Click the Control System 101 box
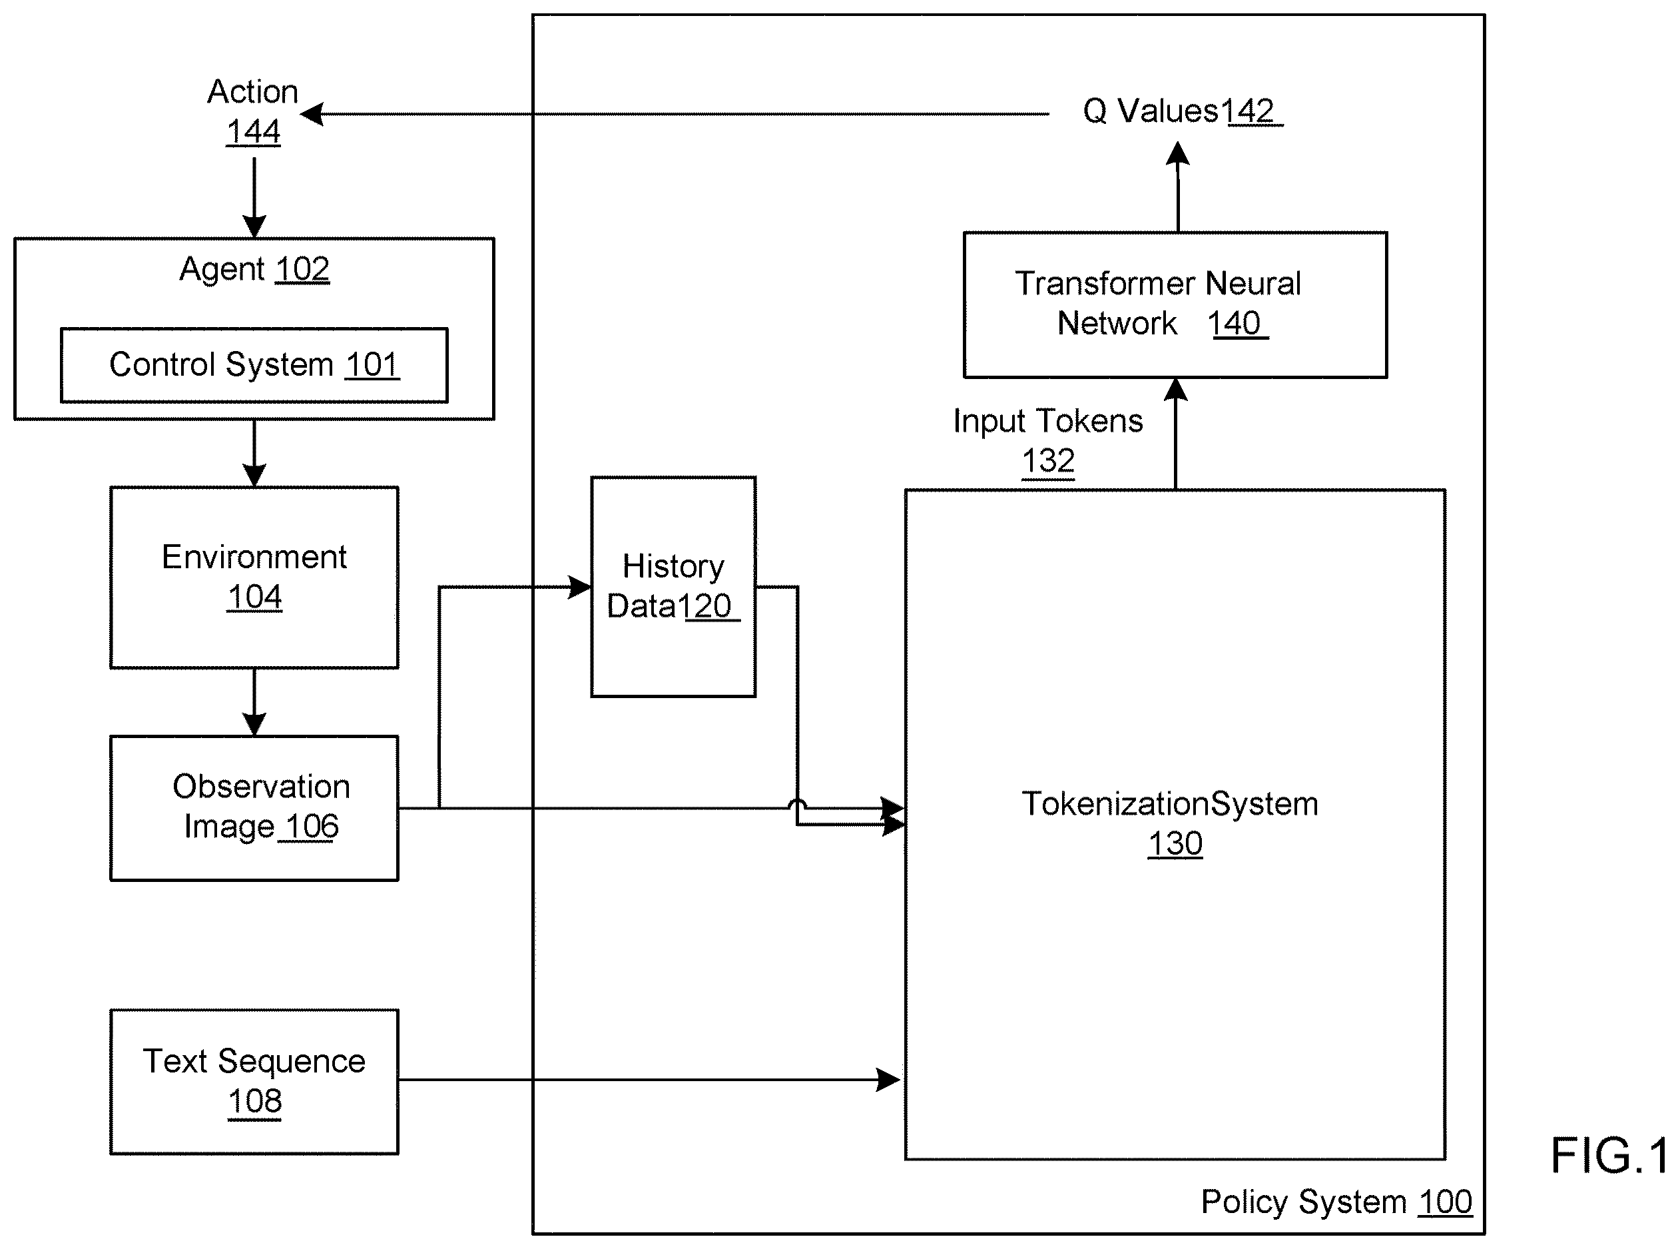point(254,365)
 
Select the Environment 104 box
point(254,578)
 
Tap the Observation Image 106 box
point(254,808)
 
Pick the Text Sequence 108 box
point(254,1082)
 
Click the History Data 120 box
point(673,587)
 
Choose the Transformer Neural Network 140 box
point(1175,304)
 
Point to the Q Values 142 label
point(1182,112)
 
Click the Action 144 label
point(253,111)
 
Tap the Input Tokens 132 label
point(1047,441)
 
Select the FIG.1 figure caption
point(1610,1156)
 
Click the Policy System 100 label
point(1336,1201)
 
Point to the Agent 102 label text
point(254,269)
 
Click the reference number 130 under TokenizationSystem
point(1175,843)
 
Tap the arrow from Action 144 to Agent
point(254,197)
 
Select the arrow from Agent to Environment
point(254,454)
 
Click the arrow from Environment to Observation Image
point(254,702)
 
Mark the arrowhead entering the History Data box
point(581,587)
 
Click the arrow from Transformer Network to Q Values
point(1178,187)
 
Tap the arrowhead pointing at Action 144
point(312,114)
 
